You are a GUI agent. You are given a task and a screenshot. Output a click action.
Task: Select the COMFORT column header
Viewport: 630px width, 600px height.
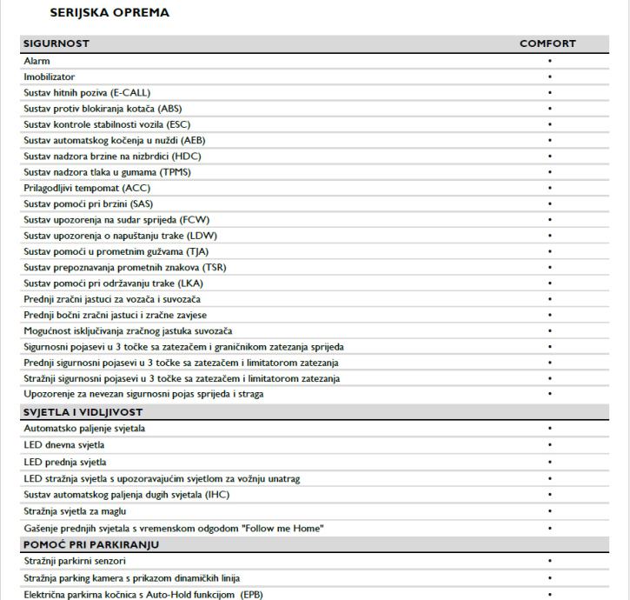tap(547, 43)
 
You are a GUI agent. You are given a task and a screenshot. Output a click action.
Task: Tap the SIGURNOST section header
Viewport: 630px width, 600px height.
tap(56, 43)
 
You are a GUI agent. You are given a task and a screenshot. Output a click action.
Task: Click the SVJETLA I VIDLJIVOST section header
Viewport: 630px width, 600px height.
tap(83, 411)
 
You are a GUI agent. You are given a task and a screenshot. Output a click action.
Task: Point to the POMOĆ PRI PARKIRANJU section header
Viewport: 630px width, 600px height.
tap(91, 545)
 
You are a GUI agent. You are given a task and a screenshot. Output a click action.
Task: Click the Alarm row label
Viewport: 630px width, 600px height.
tap(37, 61)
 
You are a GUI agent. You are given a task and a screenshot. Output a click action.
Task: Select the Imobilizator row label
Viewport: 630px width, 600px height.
tap(50, 77)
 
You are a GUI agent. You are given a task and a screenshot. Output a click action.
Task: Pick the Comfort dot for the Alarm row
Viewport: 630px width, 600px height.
tap(550, 61)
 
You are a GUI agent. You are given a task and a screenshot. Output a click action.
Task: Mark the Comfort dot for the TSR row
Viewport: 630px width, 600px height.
tap(550, 267)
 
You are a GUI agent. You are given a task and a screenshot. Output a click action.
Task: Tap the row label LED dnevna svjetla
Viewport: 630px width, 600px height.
tap(65, 445)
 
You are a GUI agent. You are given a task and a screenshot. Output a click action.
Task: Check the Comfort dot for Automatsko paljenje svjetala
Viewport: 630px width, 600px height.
tap(550, 429)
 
